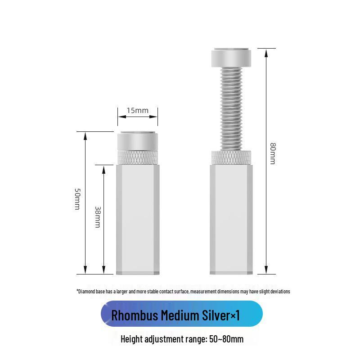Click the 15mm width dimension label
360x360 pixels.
[138, 110]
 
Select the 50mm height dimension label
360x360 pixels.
[77, 199]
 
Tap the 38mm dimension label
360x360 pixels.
[98, 217]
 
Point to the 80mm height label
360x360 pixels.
[273, 153]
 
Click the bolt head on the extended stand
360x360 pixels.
[231, 58]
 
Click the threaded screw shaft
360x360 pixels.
[231, 109]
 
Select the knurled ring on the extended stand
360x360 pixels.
[231, 158]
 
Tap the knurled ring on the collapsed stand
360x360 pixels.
[138, 158]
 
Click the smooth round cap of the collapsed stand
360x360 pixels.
[138, 141]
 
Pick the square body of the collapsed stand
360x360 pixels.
[138, 220]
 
